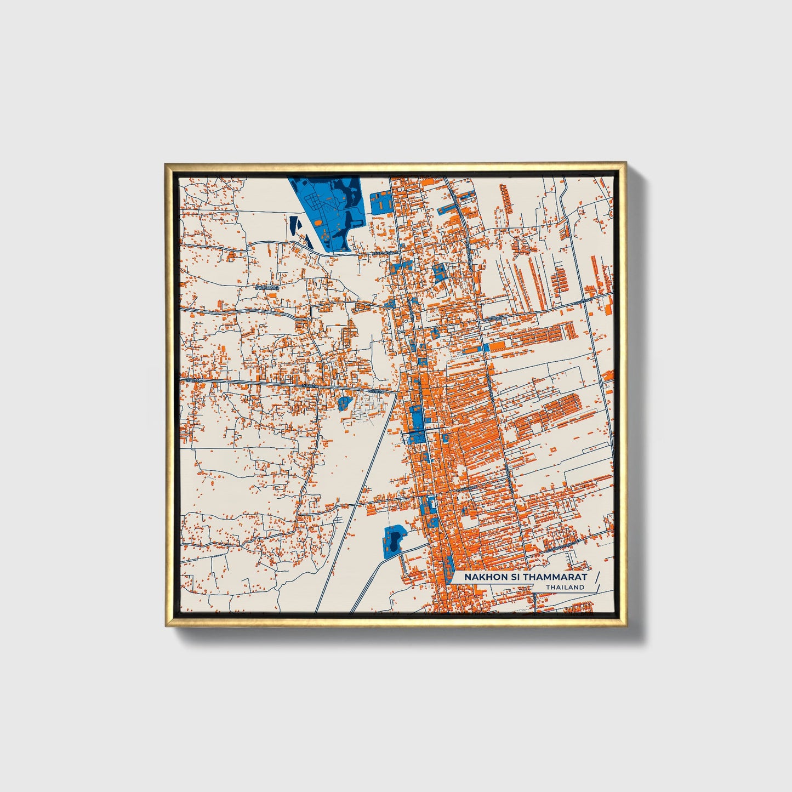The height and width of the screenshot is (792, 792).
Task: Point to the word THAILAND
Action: [565, 588]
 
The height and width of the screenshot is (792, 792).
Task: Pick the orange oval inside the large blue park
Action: [318, 223]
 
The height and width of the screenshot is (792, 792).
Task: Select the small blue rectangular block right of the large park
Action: [380, 203]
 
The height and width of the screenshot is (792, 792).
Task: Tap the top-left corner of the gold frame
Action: [166, 164]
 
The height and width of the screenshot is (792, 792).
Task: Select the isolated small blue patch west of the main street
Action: [344, 403]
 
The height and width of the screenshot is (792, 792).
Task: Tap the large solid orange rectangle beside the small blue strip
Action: [498, 346]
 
